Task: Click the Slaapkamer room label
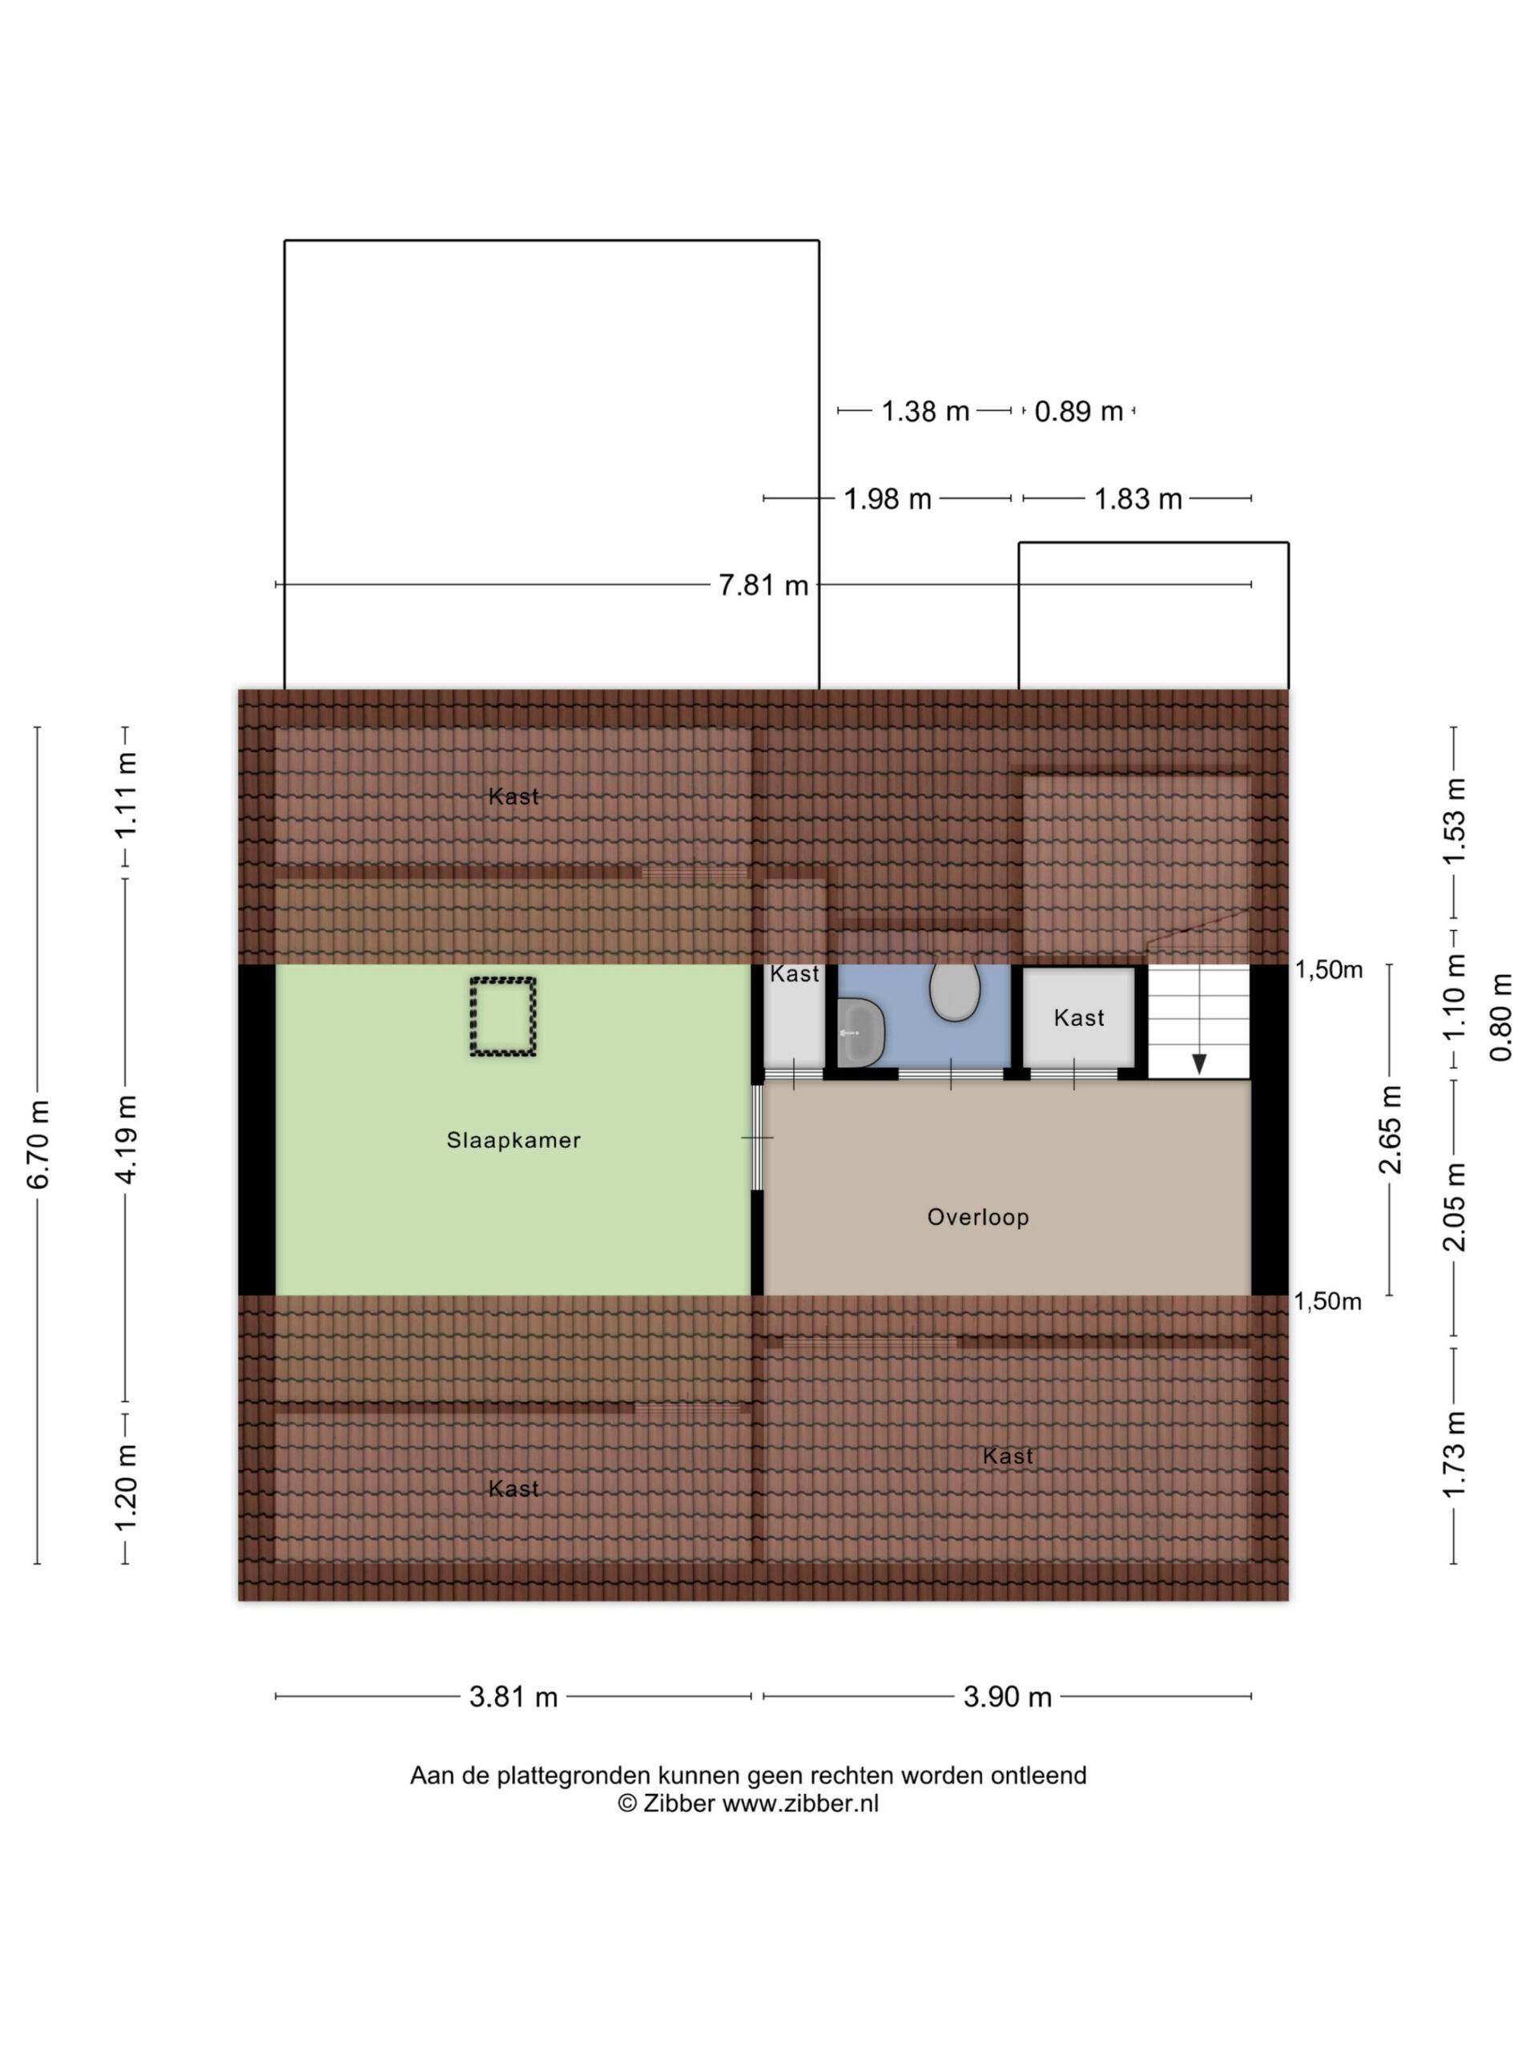pos(513,1139)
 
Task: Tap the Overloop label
pos(978,1216)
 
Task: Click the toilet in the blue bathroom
pos(954,990)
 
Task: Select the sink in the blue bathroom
pos(860,1032)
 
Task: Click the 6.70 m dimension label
pos(38,1144)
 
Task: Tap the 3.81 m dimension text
pos(513,1697)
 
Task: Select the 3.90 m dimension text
pos(1007,1697)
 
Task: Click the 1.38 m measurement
pos(924,411)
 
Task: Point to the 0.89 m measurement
pos(1078,411)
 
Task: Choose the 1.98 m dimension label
pos(888,499)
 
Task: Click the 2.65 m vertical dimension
pos(1391,1130)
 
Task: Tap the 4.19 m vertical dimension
pos(126,1138)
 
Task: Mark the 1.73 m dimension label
pos(1455,1453)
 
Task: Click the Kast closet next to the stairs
pos(1079,1018)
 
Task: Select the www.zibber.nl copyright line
pos(748,1803)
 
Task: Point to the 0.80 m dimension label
pos(1501,1017)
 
